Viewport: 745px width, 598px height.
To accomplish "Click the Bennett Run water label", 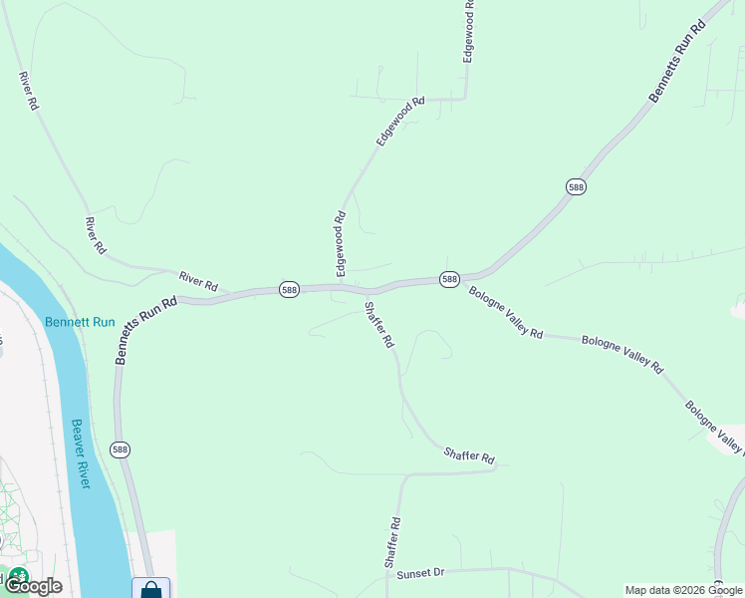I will coord(81,322).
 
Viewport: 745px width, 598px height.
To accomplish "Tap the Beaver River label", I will coord(80,453).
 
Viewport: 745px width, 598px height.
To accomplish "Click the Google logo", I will coord(33,586).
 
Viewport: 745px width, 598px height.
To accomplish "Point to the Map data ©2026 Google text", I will coord(684,590).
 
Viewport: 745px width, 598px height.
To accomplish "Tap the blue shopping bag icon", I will coord(150,589).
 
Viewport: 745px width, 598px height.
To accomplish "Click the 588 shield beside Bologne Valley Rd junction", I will coord(449,279).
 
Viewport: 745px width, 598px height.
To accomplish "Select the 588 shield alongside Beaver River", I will coord(121,449).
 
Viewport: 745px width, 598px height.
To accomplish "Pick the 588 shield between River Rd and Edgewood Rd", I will coord(289,289).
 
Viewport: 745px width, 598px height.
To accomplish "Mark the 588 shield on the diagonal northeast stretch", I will coord(576,187).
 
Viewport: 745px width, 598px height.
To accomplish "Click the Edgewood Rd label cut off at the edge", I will coord(469,32).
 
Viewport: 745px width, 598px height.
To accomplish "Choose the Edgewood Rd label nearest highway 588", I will coord(340,243).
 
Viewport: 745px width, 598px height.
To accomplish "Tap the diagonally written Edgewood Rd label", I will coord(400,122).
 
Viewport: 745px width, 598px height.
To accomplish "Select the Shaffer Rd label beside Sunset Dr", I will coord(392,543).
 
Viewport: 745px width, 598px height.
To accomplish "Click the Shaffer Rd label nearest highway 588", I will coord(379,325).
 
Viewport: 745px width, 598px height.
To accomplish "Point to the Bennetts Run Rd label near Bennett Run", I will coord(146,329).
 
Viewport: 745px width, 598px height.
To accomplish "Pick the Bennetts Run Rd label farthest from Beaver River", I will coord(677,60).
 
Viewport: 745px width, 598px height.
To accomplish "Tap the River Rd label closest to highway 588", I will coord(197,280).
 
